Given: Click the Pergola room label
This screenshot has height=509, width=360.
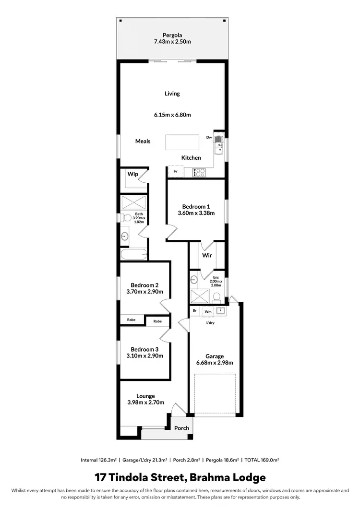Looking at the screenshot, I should [172, 35].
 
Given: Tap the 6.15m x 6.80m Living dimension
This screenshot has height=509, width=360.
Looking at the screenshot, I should [172, 115].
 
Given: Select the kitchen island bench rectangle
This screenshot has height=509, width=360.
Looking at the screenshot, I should [182, 142].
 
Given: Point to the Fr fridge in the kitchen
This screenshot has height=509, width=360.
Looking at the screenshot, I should [176, 171].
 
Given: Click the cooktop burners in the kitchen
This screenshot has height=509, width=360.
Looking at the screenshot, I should [199, 172].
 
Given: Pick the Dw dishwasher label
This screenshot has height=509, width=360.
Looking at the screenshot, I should [209, 137].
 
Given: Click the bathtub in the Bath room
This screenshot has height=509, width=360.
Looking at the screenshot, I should [134, 254].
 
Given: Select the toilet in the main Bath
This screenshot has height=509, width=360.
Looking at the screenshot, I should [127, 218].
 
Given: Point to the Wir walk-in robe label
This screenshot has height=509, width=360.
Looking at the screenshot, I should [207, 256].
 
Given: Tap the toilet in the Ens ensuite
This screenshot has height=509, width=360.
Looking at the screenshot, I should [216, 296].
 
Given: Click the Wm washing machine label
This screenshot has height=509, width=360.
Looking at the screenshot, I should [208, 311].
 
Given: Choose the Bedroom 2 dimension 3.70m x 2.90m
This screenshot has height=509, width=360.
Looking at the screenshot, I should [145, 291].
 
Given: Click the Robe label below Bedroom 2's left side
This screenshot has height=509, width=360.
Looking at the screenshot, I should [131, 320].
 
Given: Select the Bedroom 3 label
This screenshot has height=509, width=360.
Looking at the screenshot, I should [145, 349].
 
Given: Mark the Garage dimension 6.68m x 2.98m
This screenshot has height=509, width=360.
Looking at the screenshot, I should [215, 363].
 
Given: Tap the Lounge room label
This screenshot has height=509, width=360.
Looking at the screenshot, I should [145, 396].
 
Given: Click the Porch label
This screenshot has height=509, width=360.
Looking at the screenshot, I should [181, 428].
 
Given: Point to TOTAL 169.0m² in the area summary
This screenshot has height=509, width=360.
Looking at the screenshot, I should [262, 460].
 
